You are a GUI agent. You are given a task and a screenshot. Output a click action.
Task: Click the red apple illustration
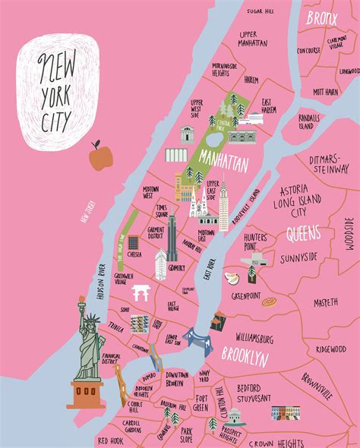pos(98,158)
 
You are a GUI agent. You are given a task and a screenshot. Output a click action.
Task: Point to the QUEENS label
pos(307,235)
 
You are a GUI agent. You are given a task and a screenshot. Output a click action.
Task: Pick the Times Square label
pos(163,210)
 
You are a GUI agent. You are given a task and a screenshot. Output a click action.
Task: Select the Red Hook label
pos(111,440)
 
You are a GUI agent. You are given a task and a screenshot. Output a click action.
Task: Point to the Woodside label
pos(349,233)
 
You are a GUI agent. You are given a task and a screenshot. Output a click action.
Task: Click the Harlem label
pos(251,79)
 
